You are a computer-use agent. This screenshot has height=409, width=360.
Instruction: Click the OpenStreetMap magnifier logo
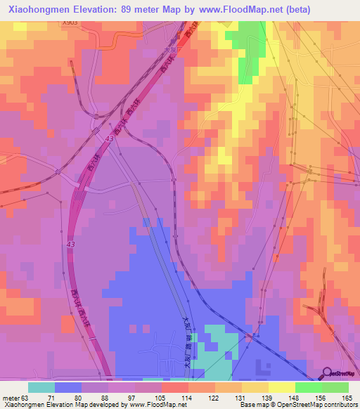point(328,374)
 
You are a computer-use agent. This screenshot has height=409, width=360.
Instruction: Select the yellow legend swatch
point(281,387)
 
